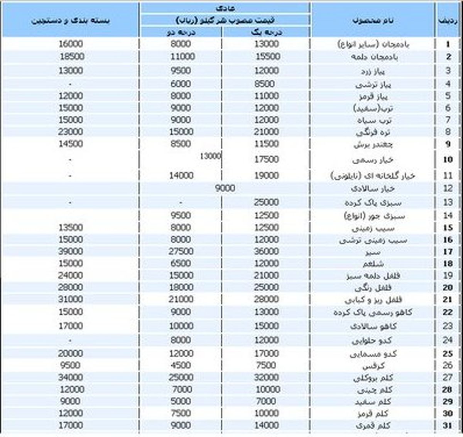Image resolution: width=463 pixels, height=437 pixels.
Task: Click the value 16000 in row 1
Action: click(x=71, y=44)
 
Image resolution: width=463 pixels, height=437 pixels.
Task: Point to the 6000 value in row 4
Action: click(x=181, y=84)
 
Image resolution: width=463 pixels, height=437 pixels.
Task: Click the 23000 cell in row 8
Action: click(x=71, y=132)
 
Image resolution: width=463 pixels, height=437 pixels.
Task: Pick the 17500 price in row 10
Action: click(x=266, y=159)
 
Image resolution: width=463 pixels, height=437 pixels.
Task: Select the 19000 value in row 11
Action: click(x=266, y=175)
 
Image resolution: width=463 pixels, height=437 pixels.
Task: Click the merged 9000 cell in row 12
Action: click(x=225, y=188)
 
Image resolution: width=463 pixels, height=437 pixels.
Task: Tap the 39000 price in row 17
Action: click(x=71, y=251)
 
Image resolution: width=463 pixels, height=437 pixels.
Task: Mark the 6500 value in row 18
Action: click(x=181, y=263)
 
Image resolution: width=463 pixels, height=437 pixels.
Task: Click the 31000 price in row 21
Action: click(x=71, y=299)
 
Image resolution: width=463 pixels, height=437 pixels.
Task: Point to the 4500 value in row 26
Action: click(x=181, y=365)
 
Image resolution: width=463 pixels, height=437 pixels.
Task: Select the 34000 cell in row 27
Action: click(x=71, y=377)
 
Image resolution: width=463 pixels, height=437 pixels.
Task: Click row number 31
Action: click(x=447, y=425)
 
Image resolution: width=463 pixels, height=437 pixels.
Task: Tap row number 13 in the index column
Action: click(x=448, y=202)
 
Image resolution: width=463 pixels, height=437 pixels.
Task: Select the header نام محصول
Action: click(x=373, y=20)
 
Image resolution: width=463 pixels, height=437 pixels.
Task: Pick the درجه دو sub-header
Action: click(x=180, y=32)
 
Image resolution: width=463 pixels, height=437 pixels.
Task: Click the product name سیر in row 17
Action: click(x=373, y=252)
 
